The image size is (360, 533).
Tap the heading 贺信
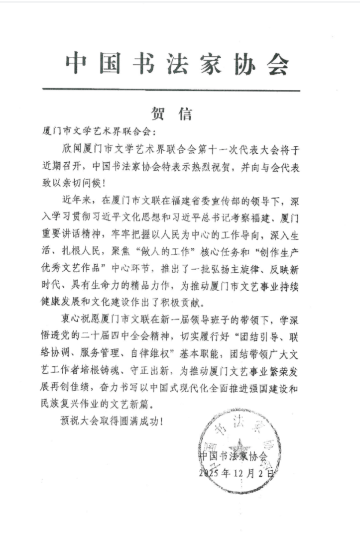pos(171,113)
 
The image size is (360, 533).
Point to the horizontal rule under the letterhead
pos(171,90)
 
